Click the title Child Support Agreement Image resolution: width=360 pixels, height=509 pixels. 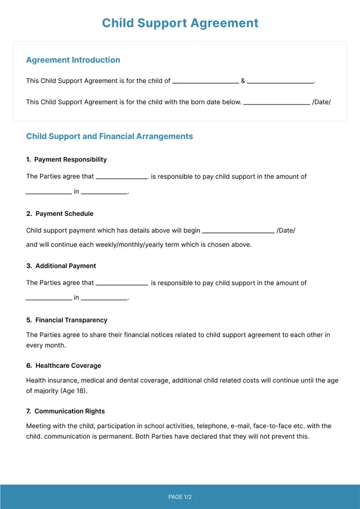click(180, 23)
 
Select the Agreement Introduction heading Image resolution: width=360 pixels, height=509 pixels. click(73, 60)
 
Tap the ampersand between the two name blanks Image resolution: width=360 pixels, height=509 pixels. click(243, 81)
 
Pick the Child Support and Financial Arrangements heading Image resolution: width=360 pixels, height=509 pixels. click(110, 136)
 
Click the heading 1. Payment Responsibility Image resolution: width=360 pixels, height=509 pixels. click(66, 160)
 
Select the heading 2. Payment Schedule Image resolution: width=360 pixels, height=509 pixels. click(60, 214)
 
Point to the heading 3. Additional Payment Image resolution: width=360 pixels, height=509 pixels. click(61, 266)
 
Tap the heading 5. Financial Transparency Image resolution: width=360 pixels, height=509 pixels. click(66, 320)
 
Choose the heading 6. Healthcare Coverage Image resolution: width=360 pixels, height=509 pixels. click(64, 366)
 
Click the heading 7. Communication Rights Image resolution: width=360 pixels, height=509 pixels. click(65, 411)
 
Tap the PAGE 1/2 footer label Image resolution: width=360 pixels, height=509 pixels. click(180, 497)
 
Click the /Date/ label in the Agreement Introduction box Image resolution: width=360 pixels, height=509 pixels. click(322, 102)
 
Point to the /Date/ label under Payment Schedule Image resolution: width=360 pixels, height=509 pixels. click(286, 231)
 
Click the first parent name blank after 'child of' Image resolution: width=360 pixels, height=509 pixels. click(205, 82)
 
